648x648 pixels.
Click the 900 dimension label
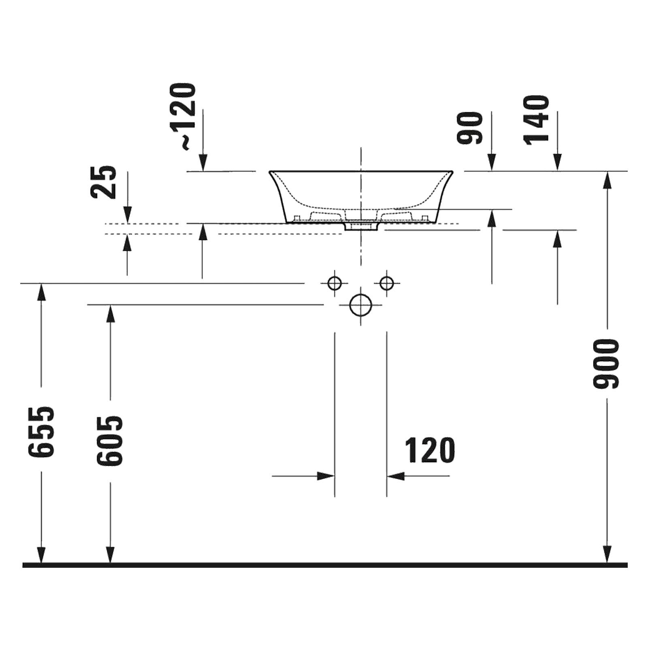(606, 364)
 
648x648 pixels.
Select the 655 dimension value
(41, 432)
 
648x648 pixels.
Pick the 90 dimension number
(470, 128)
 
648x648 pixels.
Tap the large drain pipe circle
(360, 305)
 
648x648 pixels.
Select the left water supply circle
(335, 283)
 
